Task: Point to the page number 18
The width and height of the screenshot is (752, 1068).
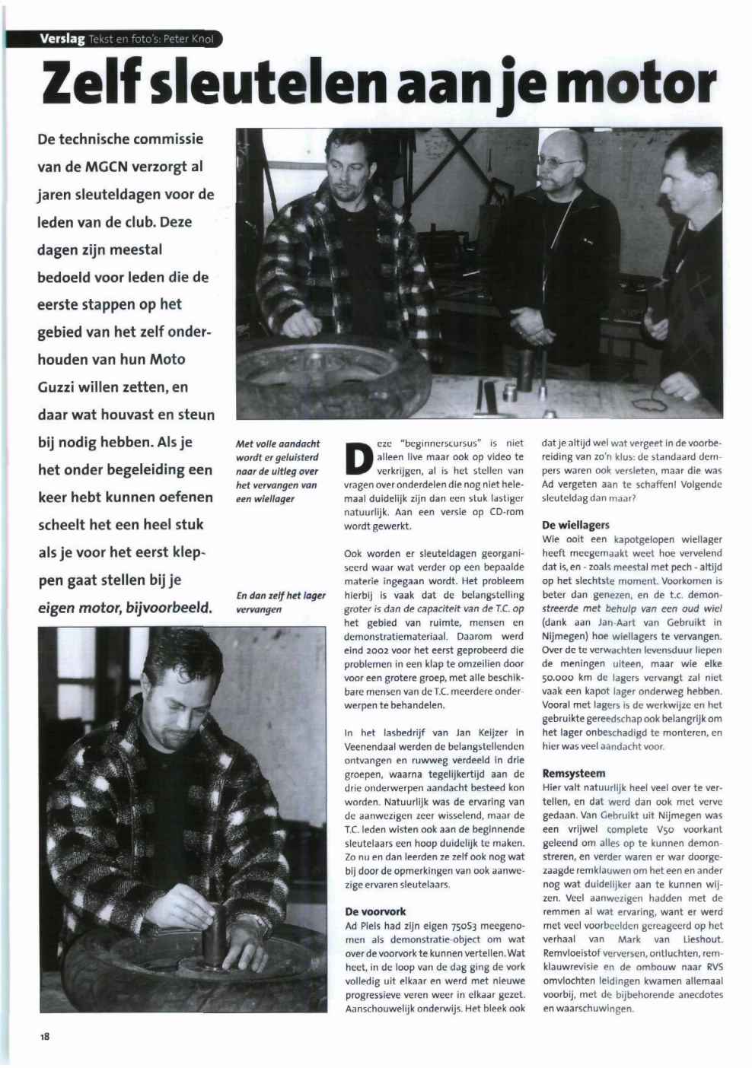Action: tap(45, 1036)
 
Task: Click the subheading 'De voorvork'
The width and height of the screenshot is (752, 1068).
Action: tap(375, 911)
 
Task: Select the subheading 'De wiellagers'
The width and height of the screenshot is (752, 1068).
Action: tap(575, 525)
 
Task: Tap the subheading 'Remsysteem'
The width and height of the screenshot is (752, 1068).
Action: tap(574, 774)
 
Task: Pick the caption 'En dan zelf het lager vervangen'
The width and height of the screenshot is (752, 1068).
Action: tap(281, 602)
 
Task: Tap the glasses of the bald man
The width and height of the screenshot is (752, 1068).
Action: tap(562, 161)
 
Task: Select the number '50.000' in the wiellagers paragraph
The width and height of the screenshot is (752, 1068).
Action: tap(557, 677)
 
